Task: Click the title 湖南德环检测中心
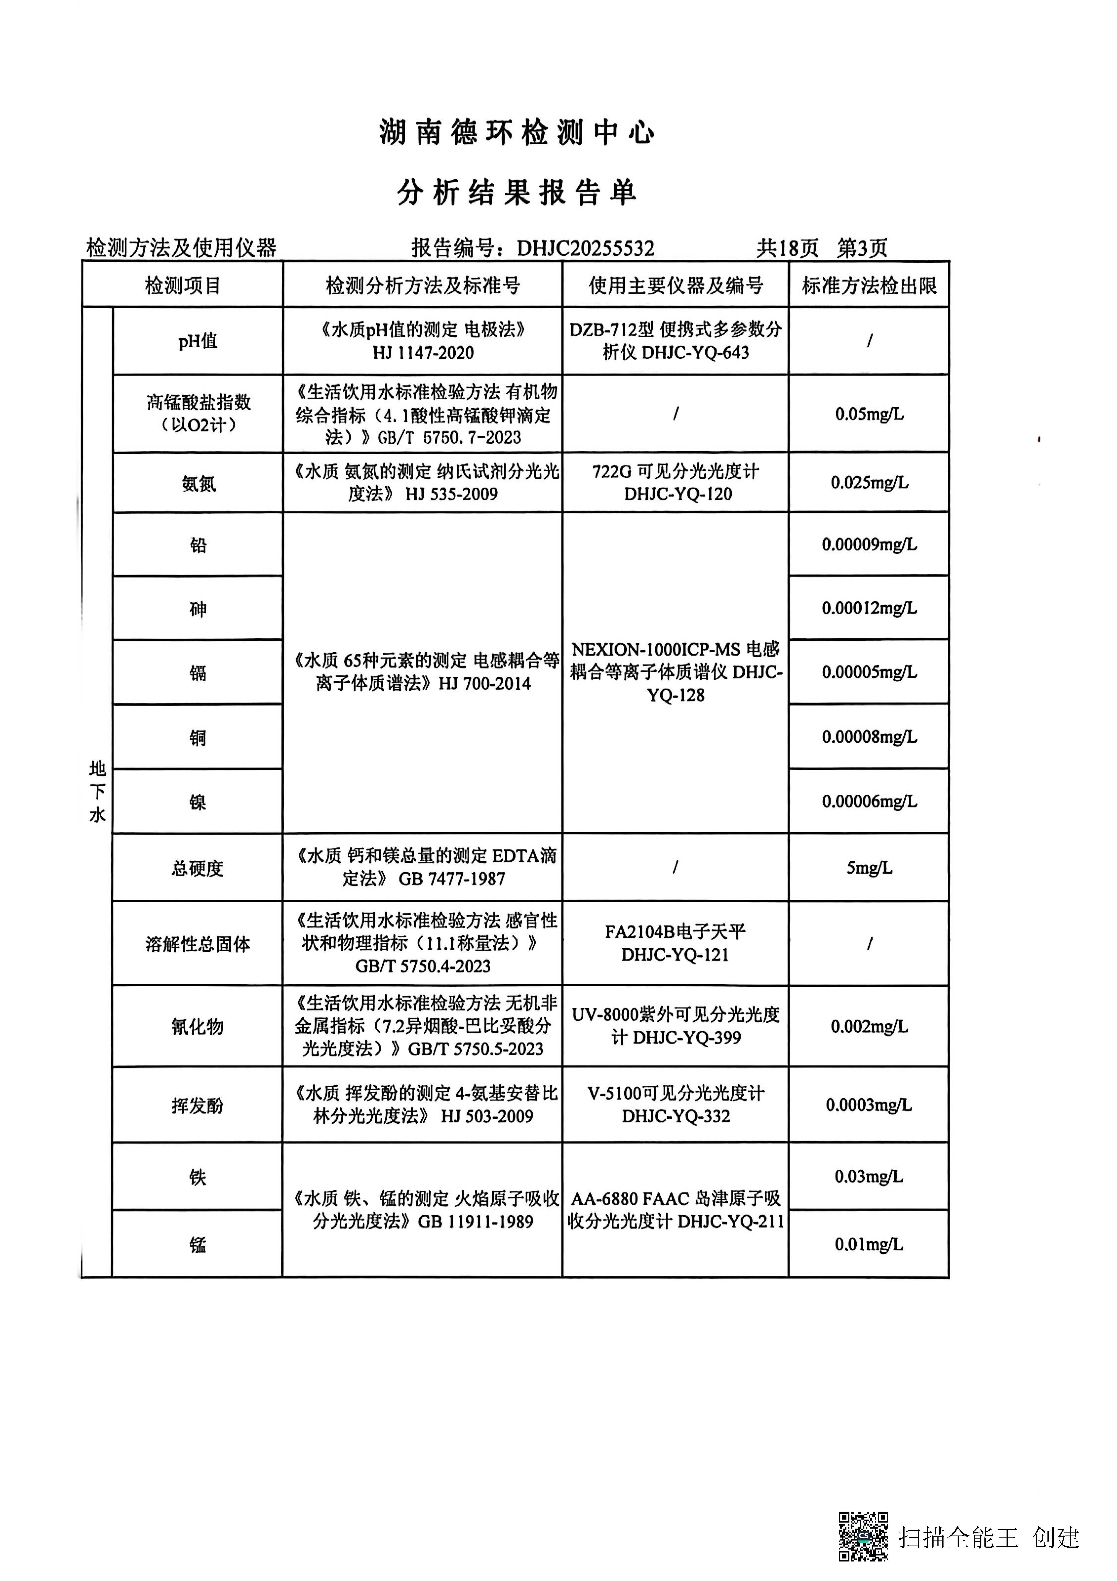click(x=517, y=132)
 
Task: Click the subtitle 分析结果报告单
click(x=517, y=193)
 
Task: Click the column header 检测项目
click(x=183, y=285)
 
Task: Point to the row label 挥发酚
click(x=198, y=1105)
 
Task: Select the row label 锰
click(x=198, y=1244)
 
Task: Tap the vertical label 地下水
click(x=97, y=792)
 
